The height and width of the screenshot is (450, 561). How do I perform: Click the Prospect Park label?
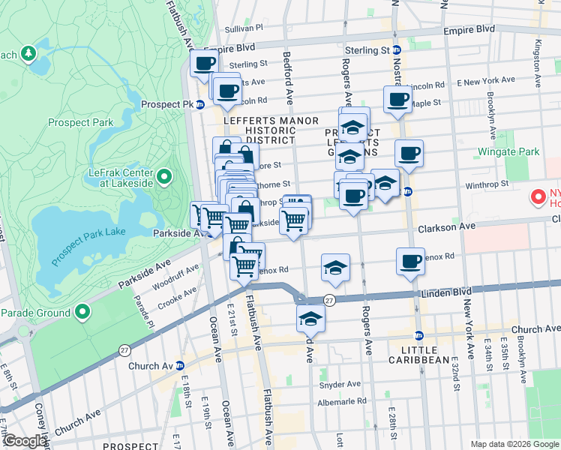[79, 122]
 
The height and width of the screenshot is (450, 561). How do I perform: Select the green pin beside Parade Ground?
[83, 313]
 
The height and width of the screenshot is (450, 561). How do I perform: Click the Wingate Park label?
[508, 152]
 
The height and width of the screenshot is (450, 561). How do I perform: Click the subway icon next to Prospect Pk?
[200, 104]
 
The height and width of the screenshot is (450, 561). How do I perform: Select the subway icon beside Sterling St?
[397, 50]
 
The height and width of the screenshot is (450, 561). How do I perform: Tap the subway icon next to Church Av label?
[179, 366]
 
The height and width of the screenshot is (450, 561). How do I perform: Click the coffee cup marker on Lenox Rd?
[409, 261]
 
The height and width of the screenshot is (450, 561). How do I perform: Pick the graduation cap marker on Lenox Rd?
[335, 268]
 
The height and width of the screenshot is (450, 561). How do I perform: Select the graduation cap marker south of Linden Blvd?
[310, 319]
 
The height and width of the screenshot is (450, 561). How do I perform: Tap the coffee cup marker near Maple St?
[397, 100]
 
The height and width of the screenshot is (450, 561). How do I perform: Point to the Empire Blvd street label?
[469, 29]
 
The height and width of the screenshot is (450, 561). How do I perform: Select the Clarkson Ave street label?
[447, 226]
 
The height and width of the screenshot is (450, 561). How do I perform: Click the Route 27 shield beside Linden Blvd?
[329, 300]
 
